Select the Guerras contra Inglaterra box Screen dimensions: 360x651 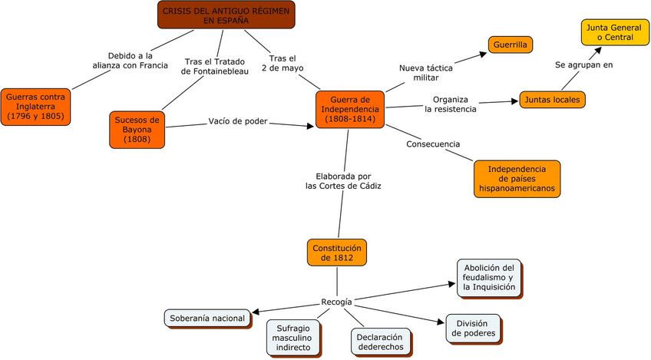coord(36,106)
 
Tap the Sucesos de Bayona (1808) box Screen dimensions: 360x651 coord(137,130)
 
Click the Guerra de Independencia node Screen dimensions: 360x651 coord(349,110)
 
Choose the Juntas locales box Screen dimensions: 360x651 coord(553,99)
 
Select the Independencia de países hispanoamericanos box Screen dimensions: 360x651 coord(516,179)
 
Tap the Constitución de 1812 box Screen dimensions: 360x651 coord(337,253)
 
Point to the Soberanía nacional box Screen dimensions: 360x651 coord(207,318)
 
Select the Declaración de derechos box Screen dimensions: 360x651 coord(380,342)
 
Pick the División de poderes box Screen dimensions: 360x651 coord(473,328)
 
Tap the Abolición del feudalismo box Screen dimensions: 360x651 coord(488,278)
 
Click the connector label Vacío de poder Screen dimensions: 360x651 coord(238,121)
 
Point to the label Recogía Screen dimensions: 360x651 coord(337,301)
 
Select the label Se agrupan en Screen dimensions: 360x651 coord(584,64)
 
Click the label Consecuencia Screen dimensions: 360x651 coord(433,144)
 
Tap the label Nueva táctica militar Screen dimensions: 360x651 coord(425,73)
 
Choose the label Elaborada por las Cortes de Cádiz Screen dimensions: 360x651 coord(343,181)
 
